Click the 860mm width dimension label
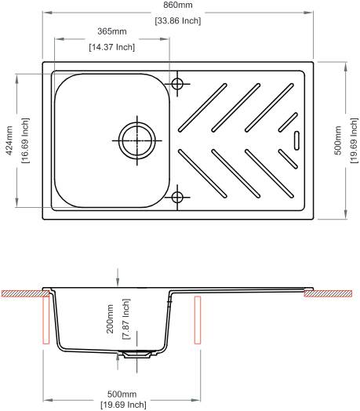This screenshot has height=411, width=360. pos(178,5)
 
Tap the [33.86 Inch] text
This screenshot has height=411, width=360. pos(178,20)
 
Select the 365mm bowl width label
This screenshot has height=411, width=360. pos(112,31)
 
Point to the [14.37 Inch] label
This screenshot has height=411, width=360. pos(112,47)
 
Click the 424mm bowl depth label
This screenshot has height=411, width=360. pos(9,140)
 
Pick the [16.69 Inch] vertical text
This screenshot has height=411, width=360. pos(25,140)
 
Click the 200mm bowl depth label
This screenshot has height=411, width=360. pos(110,318)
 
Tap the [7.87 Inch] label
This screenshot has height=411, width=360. pos(126,318)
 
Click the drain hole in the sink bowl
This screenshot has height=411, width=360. pos(137,140)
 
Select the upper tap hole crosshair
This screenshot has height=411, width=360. pos(177,84)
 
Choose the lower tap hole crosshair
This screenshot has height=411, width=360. pos(177,197)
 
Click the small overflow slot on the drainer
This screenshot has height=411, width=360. pos(296,140)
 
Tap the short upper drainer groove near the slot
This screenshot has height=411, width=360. pos(288,122)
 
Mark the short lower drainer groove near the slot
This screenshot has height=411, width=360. pos(288,159)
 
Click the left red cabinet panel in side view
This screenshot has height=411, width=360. pos(46,320)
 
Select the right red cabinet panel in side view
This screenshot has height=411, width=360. pos(198,320)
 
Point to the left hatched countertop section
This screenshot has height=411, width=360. pos(25,293)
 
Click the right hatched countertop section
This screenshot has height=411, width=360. pos(328,293)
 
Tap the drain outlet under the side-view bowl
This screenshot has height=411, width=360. pos(136,355)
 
